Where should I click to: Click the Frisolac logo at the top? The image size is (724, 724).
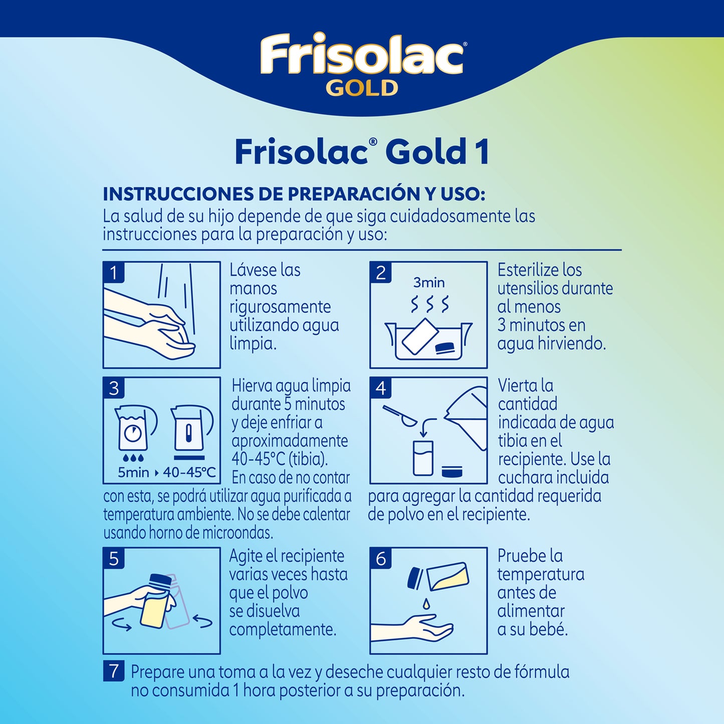point(362,54)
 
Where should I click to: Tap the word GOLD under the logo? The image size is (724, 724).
point(362,89)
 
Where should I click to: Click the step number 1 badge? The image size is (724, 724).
point(114,273)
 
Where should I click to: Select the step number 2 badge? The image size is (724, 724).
point(381,273)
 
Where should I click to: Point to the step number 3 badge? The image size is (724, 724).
point(114,388)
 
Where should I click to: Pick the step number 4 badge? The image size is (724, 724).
point(381,388)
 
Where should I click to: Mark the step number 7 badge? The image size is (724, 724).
point(114,671)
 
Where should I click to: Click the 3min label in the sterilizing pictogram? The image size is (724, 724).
point(429,283)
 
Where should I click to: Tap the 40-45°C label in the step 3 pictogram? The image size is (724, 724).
point(189,472)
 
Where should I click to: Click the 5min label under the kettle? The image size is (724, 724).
point(133,472)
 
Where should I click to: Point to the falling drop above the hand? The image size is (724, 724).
point(426,603)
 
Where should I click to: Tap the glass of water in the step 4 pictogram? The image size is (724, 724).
point(423,458)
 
